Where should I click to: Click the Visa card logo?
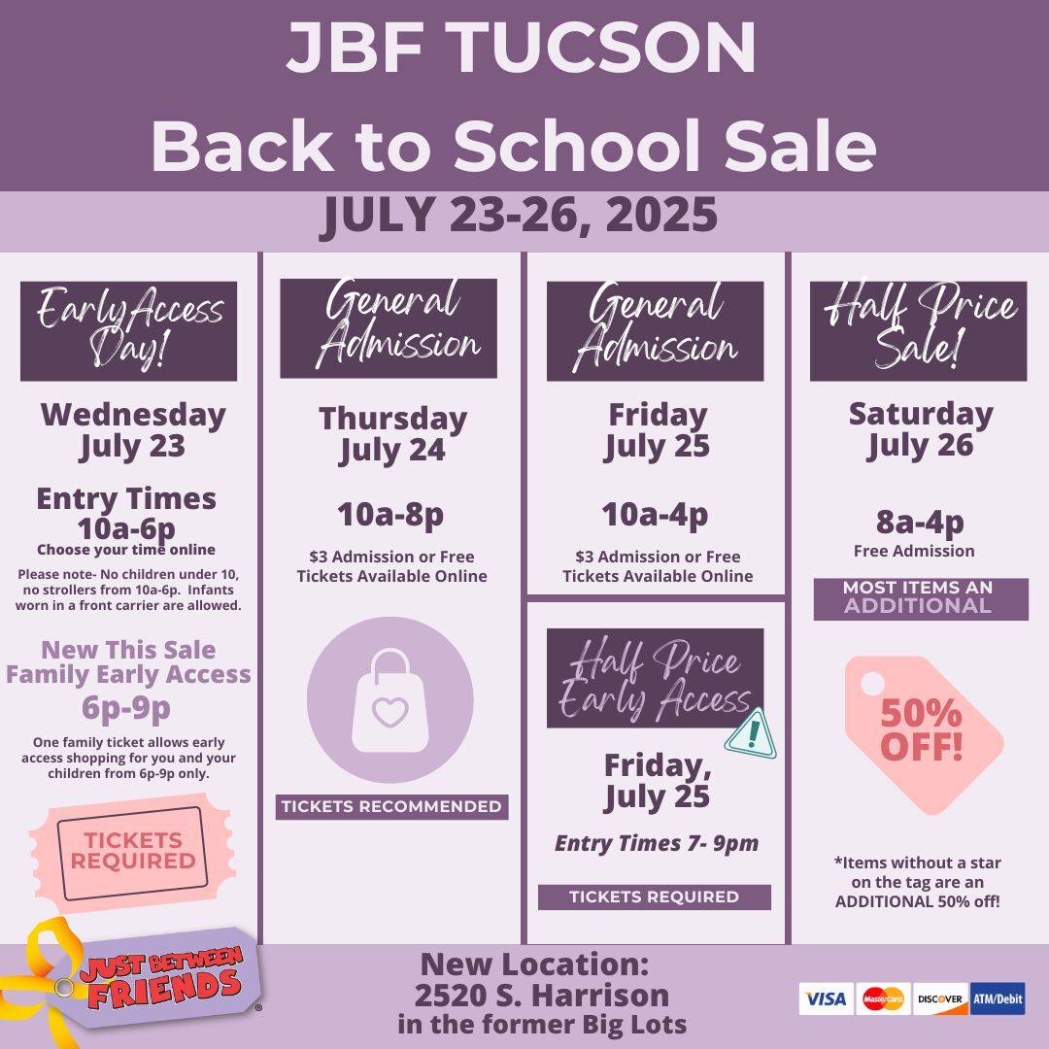click(x=827, y=998)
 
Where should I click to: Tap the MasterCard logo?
click(x=883, y=998)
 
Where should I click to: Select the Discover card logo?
click(x=940, y=998)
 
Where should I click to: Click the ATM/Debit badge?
click(x=998, y=998)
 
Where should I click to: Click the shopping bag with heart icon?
click(x=390, y=699)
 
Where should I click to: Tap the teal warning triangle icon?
click(x=751, y=734)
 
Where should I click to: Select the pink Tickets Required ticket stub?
click(x=132, y=853)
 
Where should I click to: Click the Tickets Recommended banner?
click(x=392, y=807)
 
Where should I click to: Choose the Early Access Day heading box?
click(x=128, y=331)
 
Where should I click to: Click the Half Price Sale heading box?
click(x=919, y=331)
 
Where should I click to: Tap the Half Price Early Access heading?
click(x=655, y=678)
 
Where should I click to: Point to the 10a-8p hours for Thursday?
click(x=390, y=515)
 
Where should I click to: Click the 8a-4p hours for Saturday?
click(x=920, y=522)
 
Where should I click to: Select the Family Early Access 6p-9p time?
click(x=126, y=708)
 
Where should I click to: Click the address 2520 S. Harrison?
click(x=542, y=996)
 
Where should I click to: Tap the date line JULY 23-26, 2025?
click(x=519, y=216)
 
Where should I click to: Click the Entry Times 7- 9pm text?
click(x=657, y=844)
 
